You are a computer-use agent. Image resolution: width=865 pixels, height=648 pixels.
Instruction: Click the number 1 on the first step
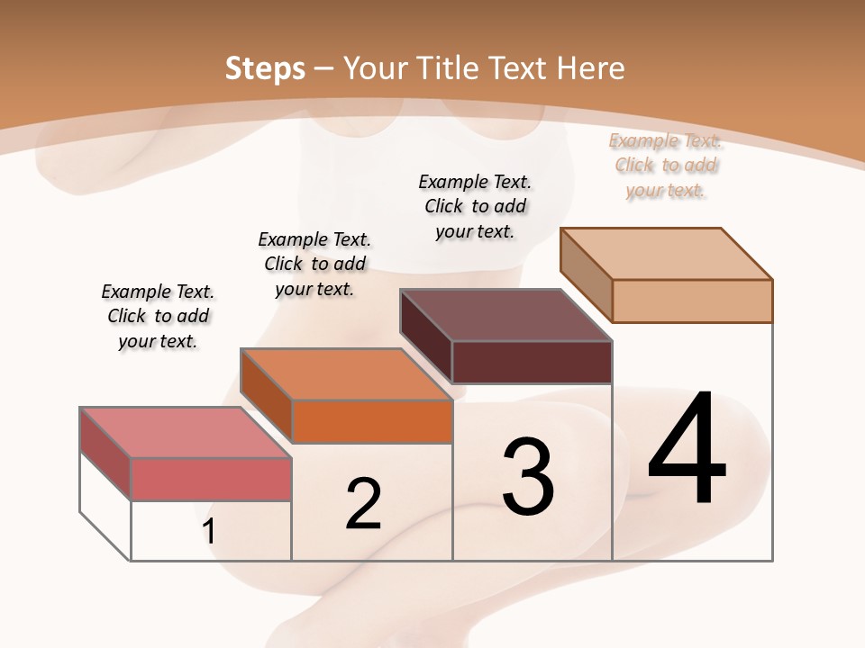(209, 531)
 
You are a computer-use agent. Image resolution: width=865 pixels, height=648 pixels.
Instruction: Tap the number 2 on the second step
(363, 504)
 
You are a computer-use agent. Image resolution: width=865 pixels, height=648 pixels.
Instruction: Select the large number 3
(527, 477)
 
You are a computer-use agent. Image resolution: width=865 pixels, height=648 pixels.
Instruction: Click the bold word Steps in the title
(265, 68)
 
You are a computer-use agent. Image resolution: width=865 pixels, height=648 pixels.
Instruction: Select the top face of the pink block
(185, 432)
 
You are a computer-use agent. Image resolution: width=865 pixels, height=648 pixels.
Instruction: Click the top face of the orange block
(345, 373)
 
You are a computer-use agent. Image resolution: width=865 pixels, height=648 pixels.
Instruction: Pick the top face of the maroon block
(505, 315)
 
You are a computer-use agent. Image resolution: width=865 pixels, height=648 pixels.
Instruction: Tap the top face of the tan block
(667, 254)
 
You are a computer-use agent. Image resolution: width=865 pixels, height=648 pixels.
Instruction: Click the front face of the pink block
(211, 479)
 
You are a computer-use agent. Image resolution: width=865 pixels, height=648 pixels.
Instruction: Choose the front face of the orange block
(372, 421)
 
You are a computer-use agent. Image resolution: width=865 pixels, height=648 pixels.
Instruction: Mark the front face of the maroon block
(532, 362)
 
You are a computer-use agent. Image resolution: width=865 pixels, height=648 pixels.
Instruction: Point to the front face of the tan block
(692, 301)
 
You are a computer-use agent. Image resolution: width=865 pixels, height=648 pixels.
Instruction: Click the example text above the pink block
(158, 316)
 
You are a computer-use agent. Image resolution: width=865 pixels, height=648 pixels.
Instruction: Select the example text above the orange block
(314, 264)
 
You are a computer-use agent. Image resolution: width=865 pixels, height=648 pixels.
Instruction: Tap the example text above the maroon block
(475, 206)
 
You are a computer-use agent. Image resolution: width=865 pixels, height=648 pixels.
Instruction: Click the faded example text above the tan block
(666, 165)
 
